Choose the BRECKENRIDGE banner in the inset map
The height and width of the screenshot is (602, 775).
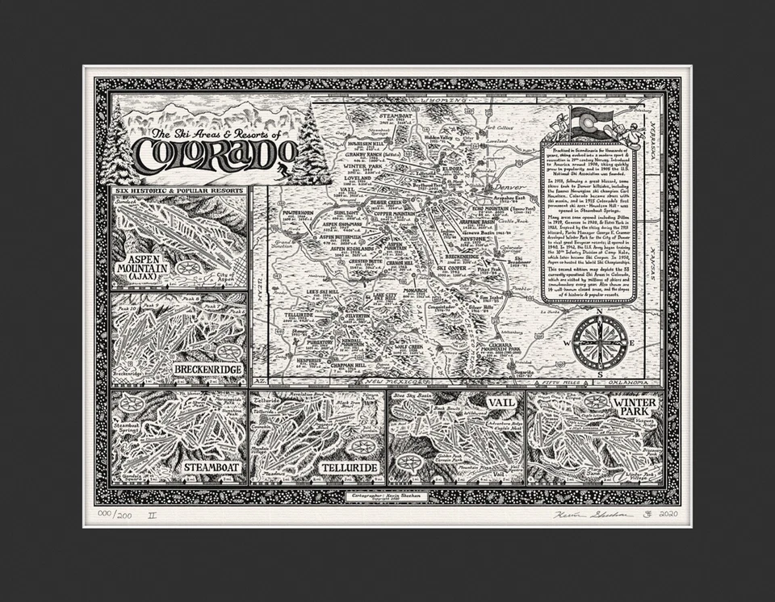[x=207, y=370]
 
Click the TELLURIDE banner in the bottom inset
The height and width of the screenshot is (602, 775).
[x=349, y=467]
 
